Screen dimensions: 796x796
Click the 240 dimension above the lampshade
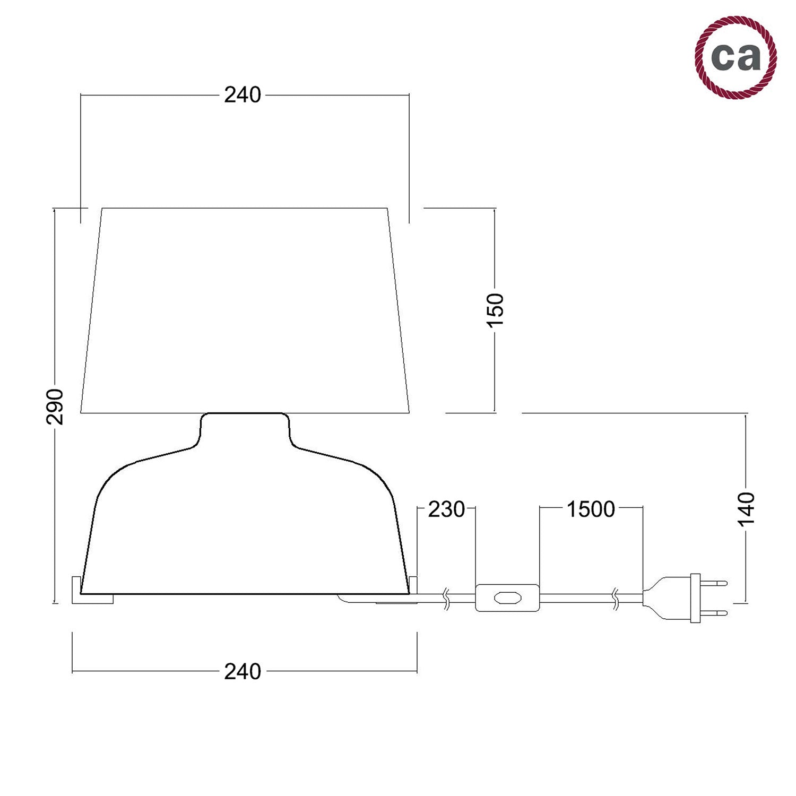[x=243, y=95]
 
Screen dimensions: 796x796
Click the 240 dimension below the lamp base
[x=243, y=672]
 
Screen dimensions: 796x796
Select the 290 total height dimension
[x=55, y=406]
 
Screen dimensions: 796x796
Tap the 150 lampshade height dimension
[x=495, y=310]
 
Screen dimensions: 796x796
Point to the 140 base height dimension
[x=746, y=508]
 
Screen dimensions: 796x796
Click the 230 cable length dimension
[x=446, y=509]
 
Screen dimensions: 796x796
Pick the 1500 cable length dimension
[x=591, y=509]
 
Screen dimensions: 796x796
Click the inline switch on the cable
[x=507, y=598]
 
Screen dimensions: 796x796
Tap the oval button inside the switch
[x=507, y=598]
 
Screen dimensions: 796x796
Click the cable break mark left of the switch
[x=447, y=598]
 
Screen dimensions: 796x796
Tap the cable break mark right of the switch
[x=616, y=598]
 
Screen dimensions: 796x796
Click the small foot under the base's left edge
[x=93, y=598]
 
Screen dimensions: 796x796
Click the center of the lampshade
[x=245, y=310]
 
